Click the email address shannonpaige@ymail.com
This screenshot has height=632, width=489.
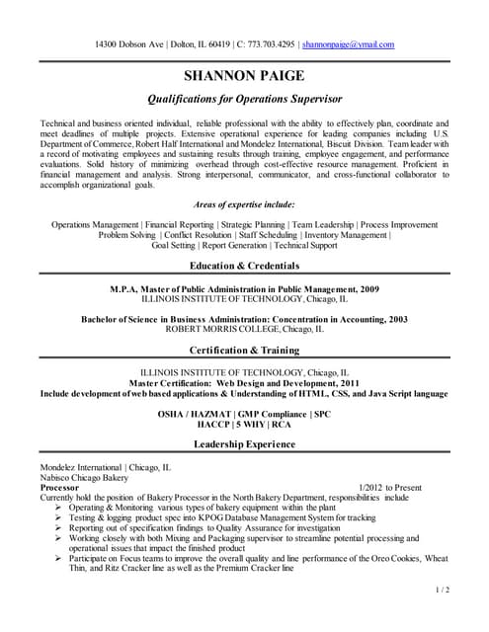click(x=348, y=44)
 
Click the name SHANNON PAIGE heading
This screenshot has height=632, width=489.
click(x=244, y=76)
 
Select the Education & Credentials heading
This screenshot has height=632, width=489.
click(x=244, y=268)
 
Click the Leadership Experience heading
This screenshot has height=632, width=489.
click(x=244, y=445)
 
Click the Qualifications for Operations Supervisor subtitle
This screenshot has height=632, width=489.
click(x=244, y=99)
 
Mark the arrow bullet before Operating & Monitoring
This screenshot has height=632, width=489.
click(x=59, y=509)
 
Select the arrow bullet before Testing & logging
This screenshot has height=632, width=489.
click(x=59, y=518)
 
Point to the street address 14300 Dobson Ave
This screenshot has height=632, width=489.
click(x=128, y=44)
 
